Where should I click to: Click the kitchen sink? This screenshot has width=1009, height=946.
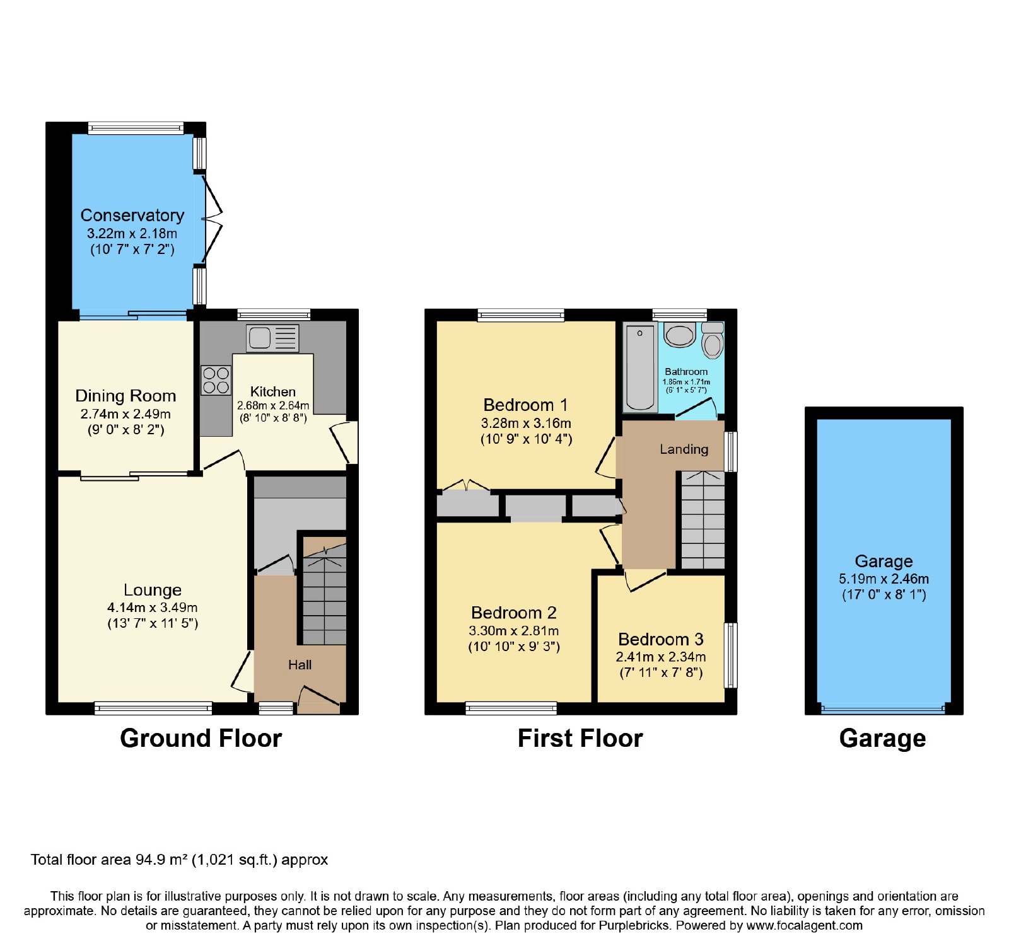(272, 338)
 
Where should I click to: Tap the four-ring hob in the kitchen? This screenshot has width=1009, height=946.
(216, 380)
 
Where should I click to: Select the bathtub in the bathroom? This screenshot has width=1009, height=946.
(640, 367)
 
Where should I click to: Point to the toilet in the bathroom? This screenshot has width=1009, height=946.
(713, 340)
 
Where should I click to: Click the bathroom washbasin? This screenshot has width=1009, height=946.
(680, 335)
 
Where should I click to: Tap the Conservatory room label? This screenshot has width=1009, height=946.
(132, 216)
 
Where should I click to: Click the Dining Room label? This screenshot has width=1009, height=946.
(125, 396)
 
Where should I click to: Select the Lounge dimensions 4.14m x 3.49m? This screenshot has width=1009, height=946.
(153, 608)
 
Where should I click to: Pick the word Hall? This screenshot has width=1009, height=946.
(300, 665)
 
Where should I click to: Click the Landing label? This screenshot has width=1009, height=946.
(684, 449)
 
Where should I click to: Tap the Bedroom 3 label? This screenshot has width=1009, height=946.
(661, 639)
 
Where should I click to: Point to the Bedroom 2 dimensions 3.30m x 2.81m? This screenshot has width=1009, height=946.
(514, 631)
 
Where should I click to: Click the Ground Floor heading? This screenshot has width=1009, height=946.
(201, 738)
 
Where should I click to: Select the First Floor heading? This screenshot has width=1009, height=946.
(580, 738)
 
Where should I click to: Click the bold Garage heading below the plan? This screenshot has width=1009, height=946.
(883, 739)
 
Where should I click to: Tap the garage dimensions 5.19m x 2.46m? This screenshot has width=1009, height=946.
(884, 579)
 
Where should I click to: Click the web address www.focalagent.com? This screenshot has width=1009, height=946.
(805, 926)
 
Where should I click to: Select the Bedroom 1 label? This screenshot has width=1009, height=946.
(526, 405)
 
